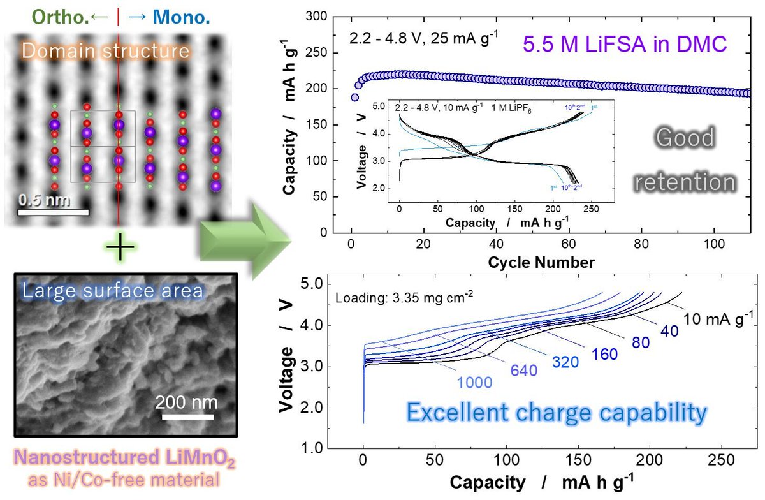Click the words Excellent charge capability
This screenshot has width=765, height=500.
557,413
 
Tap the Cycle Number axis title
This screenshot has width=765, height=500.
541,261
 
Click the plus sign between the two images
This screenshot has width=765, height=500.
119,247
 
